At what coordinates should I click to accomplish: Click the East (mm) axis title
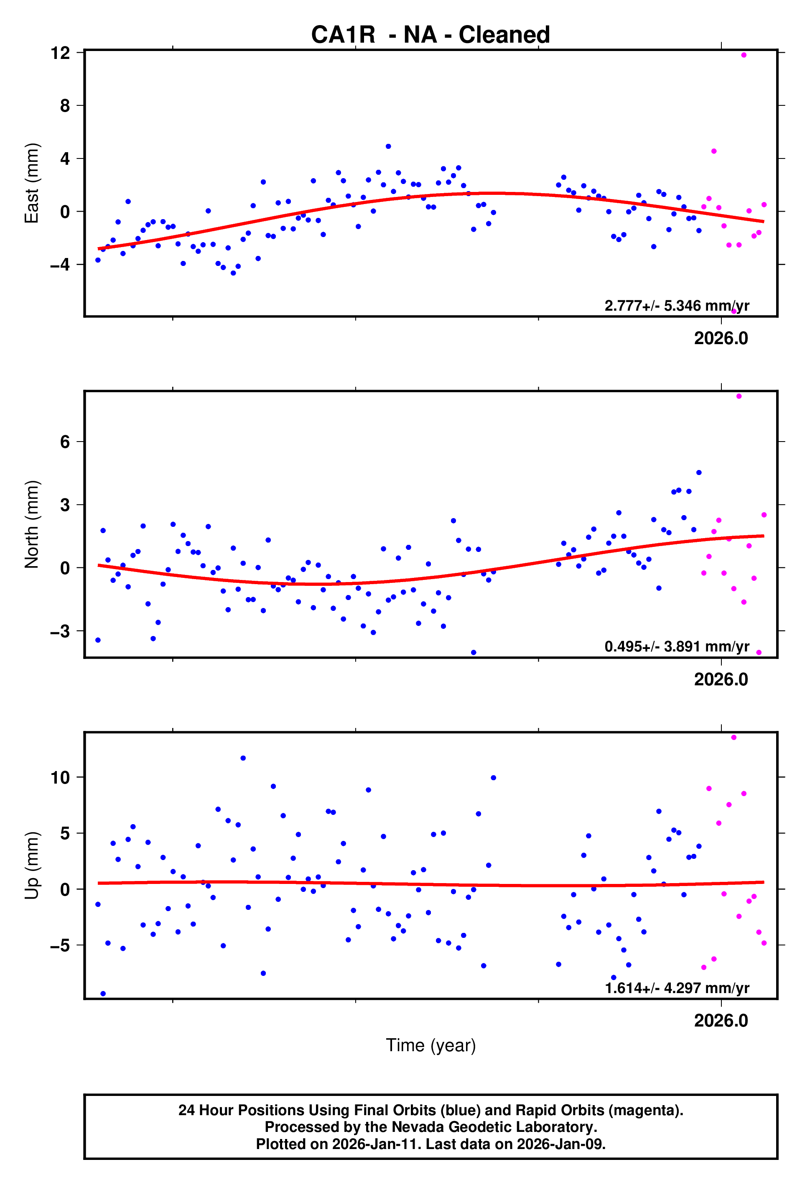coord(32,183)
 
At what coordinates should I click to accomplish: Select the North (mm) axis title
coord(32,524)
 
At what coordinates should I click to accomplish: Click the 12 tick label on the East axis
coord(60,53)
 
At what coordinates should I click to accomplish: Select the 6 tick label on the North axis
coord(65,442)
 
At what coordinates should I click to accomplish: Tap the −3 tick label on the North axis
coord(60,631)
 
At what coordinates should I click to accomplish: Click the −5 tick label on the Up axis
coord(60,945)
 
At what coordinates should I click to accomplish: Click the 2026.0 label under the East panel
coord(721,339)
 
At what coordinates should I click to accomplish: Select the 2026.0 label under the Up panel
coord(721,1020)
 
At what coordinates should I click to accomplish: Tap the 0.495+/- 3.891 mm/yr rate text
coord(676,646)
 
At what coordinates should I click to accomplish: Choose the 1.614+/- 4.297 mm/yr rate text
coord(676,988)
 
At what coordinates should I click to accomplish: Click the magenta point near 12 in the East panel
coord(744,55)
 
